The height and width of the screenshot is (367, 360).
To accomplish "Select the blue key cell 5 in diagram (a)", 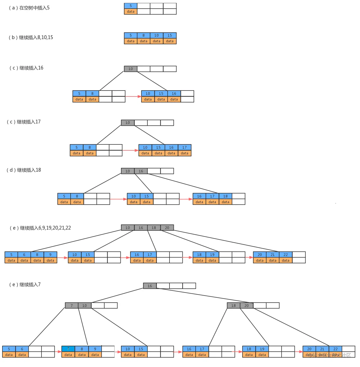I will pyautogui.click(x=131, y=6).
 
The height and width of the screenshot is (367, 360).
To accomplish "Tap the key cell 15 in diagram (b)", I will pyautogui.click(x=170, y=35).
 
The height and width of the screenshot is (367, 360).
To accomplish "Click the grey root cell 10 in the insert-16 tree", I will pyautogui.click(x=131, y=69).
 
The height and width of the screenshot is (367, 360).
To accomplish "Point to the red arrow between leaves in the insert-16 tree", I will pyautogui.click(x=133, y=96).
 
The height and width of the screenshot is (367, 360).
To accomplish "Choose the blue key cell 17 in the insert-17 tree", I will pyautogui.click(x=185, y=147).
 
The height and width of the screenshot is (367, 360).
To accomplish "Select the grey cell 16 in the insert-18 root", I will pyautogui.click(x=141, y=171).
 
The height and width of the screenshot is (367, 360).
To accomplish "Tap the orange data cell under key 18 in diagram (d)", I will pyautogui.click(x=226, y=202).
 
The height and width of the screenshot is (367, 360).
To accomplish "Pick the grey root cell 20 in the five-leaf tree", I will pyautogui.click(x=167, y=228).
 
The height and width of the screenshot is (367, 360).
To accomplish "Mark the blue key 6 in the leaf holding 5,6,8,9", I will pyautogui.click(x=24, y=255).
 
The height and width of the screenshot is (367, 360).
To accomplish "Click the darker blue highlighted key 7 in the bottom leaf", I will pyautogui.click(x=68, y=349).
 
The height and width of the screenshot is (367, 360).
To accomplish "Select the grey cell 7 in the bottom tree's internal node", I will pyautogui.click(x=72, y=305).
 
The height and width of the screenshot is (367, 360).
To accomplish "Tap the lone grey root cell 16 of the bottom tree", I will pyautogui.click(x=150, y=286).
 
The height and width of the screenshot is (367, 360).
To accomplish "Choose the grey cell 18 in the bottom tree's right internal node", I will pyautogui.click(x=234, y=305).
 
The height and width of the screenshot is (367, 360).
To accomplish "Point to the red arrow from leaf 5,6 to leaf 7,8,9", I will pyautogui.click(x=58, y=352).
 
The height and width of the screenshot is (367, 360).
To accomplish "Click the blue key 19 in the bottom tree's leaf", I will pyautogui.click(x=262, y=349).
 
